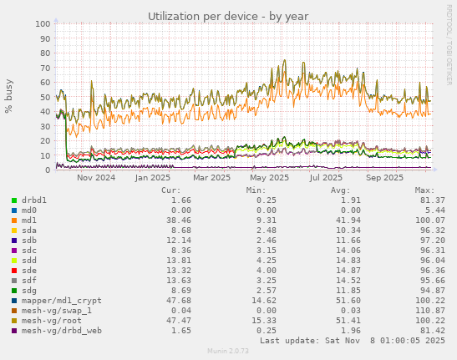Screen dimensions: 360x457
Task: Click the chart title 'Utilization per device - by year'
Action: pos(228,16)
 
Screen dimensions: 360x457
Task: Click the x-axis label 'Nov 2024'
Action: pos(96,178)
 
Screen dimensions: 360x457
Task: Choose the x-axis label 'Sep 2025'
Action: pos(384,178)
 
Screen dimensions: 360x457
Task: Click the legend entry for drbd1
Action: pos(33,200)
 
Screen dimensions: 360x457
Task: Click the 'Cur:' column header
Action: pos(170,190)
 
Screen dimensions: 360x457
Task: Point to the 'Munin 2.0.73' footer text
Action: pos(228,352)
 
